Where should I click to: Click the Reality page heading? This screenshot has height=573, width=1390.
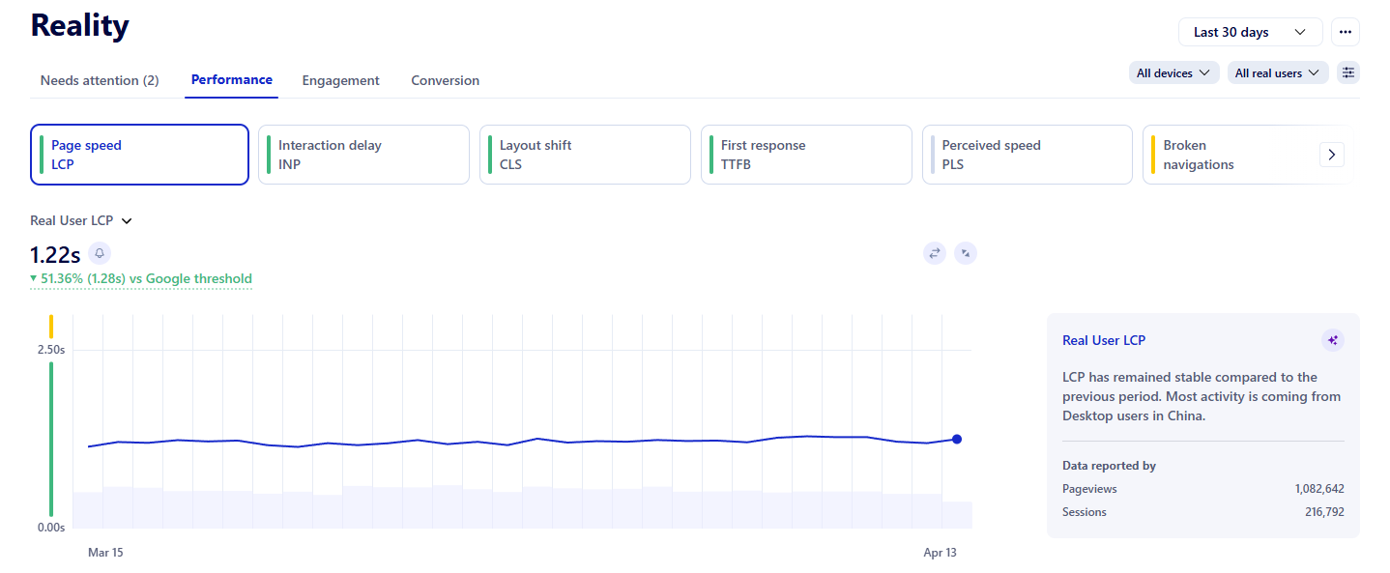pyautogui.click(x=79, y=26)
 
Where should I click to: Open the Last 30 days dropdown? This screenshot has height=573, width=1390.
pyautogui.click(x=1249, y=32)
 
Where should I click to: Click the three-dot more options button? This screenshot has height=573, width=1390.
pyautogui.click(x=1345, y=32)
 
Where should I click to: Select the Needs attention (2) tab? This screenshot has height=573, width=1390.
pyautogui.click(x=100, y=80)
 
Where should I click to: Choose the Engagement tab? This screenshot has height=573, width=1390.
pyautogui.click(x=340, y=80)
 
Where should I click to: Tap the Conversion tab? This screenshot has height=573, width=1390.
pyautogui.click(x=445, y=80)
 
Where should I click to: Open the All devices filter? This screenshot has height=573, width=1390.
pyautogui.click(x=1173, y=72)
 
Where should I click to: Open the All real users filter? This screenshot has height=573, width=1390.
pyautogui.click(x=1277, y=72)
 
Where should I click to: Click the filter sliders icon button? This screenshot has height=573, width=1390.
pyautogui.click(x=1348, y=72)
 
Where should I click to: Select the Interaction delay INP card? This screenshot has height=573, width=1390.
pyautogui.click(x=362, y=155)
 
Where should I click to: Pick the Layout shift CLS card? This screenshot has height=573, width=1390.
pyautogui.click(x=584, y=155)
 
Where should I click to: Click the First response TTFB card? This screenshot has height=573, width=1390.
pyautogui.click(x=805, y=155)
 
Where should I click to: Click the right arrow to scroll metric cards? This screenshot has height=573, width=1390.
pyautogui.click(x=1331, y=155)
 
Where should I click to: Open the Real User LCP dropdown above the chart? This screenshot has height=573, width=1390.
pyautogui.click(x=81, y=220)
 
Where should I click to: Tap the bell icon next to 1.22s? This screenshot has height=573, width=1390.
pyautogui.click(x=100, y=253)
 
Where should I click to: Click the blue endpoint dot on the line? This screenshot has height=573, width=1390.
pyautogui.click(x=957, y=439)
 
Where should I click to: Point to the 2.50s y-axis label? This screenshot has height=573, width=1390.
pyautogui.click(x=51, y=350)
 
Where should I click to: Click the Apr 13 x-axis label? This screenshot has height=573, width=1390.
pyautogui.click(x=940, y=553)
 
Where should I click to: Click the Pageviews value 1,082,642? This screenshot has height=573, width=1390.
pyautogui.click(x=1318, y=489)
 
